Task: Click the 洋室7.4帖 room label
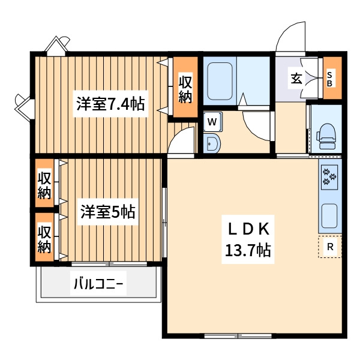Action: point(110,104)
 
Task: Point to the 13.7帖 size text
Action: point(248,250)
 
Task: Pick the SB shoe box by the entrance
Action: point(330,79)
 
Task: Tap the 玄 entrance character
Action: point(296,78)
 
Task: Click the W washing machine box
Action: point(212,122)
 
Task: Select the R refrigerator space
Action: point(330,247)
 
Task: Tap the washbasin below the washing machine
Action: point(212,144)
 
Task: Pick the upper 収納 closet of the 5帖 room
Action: point(45,185)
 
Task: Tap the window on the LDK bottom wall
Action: point(231,335)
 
